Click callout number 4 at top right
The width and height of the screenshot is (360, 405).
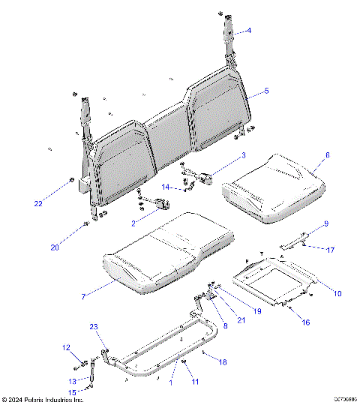(x=250, y=31)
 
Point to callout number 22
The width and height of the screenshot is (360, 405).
(x=38, y=204)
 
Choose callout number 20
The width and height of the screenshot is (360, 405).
(x=54, y=248)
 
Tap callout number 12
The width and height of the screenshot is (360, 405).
(x=66, y=347)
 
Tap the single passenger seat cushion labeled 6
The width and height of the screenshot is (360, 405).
(x=274, y=187)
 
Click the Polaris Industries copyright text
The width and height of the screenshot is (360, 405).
(x=42, y=400)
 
